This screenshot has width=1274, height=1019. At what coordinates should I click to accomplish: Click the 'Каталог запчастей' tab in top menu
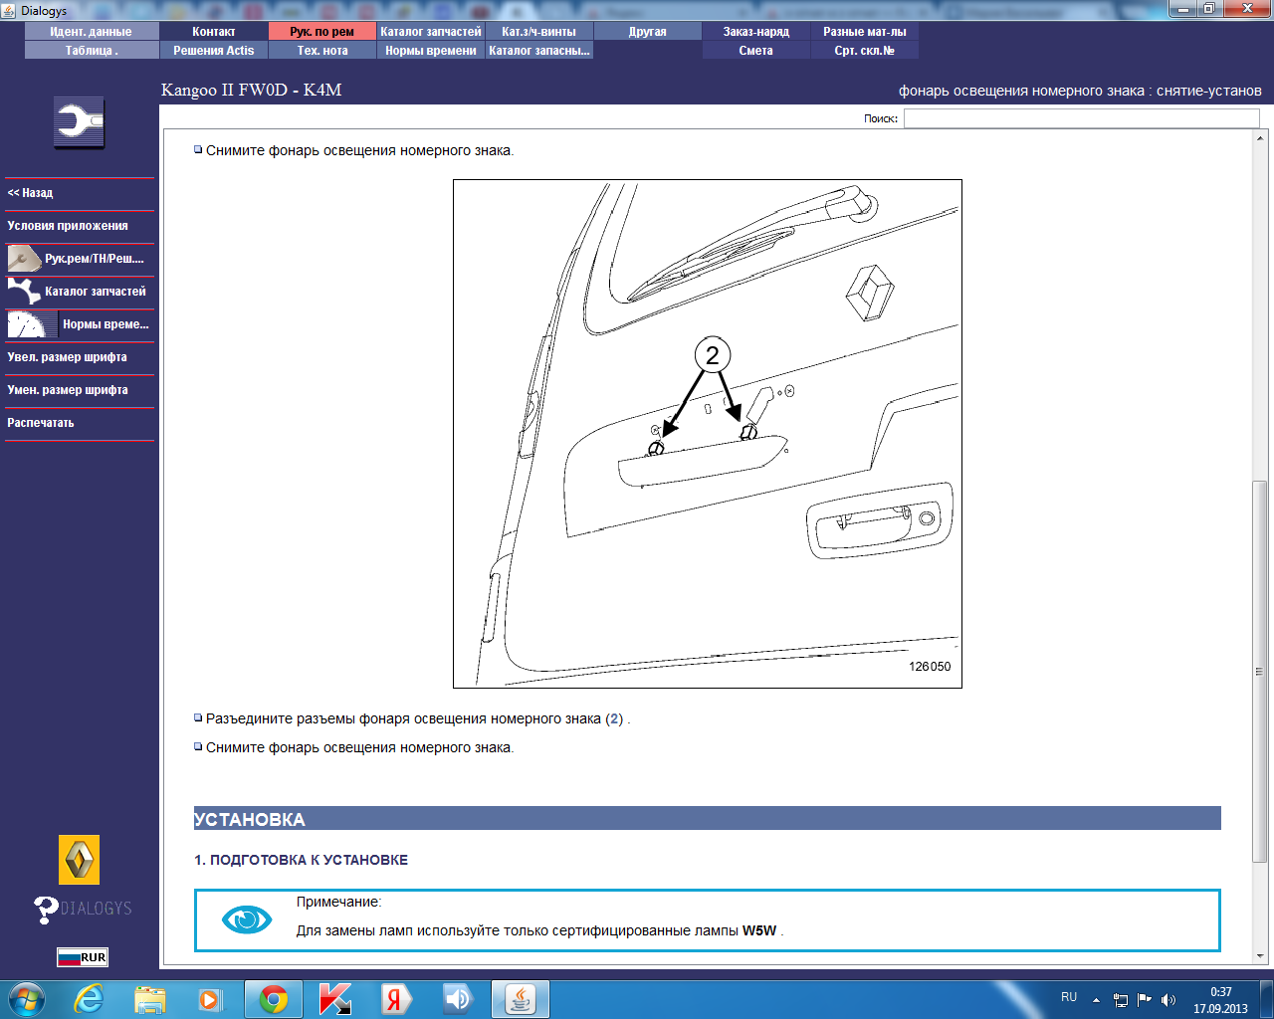coord(430,32)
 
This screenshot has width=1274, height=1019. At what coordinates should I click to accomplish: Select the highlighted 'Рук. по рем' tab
coord(322,32)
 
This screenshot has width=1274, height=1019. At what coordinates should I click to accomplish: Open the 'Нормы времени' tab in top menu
coord(430,51)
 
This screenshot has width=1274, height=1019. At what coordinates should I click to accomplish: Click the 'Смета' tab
coord(756,51)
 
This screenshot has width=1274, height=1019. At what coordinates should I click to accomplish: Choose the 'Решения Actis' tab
coord(214,51)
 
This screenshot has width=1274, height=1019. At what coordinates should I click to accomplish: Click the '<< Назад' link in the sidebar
coord(30,193)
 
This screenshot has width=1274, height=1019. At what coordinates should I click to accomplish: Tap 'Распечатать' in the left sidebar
coord(41,423)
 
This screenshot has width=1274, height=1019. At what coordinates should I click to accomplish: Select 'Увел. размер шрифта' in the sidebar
coord(67,357)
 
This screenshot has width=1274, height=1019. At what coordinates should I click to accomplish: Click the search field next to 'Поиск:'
coord(1081,118)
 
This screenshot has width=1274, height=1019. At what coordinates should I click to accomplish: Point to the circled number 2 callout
coord(713,354)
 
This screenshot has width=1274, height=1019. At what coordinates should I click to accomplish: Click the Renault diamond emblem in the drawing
coord(870,293)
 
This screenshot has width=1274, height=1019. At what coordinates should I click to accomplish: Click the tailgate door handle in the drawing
coord(880,520)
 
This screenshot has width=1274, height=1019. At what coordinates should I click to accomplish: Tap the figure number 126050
coord(930,667)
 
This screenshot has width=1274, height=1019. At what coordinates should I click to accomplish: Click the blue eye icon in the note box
coord(246,919)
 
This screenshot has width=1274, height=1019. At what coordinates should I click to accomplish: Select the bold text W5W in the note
coord(759,930)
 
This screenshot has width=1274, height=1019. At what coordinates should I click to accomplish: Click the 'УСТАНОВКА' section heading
coord(250,819)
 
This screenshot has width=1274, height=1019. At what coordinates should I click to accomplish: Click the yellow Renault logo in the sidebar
coord(80,860)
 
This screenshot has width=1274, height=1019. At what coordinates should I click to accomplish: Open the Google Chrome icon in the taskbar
coord(274,1000)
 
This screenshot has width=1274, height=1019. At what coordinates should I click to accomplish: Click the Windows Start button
coord(26,999)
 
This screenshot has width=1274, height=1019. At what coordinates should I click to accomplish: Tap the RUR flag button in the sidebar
coord(83,957)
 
